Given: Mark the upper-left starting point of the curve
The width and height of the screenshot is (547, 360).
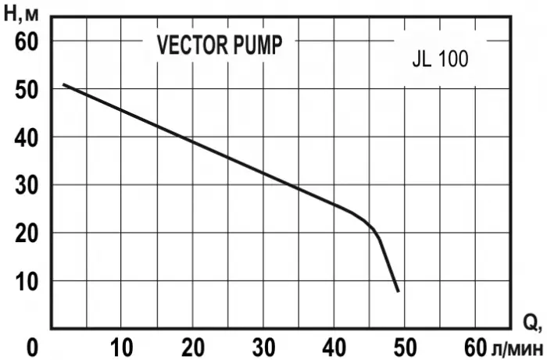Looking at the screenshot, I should point(64,84).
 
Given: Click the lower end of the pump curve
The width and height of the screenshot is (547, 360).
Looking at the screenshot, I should point(398,290).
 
